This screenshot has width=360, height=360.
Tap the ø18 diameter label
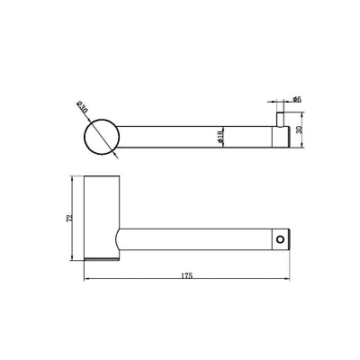tap(220, 136)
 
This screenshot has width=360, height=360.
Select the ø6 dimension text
tap(297, 100)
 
